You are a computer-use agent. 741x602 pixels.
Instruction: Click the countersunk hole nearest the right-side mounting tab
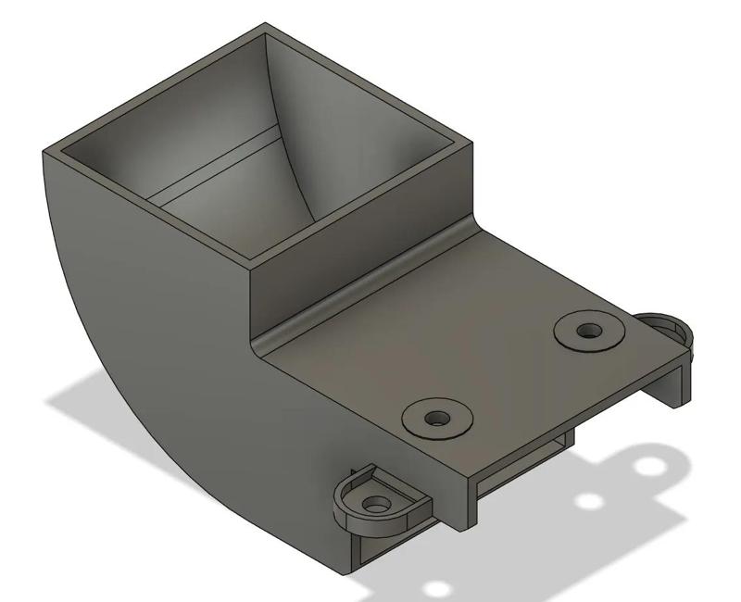[588, 330]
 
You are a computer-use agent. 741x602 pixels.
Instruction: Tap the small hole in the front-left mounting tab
[376, 506]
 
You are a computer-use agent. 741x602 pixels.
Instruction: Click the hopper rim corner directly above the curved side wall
[46, 150]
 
